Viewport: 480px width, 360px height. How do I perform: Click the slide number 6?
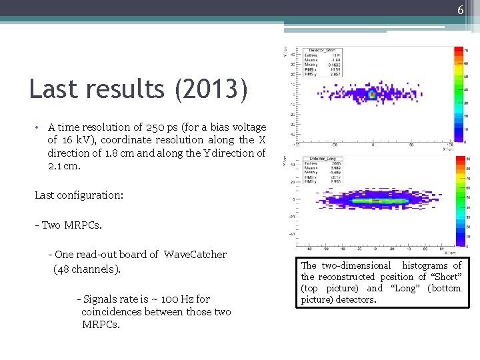(x=459, y=9)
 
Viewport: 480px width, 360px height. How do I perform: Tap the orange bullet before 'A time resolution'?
(x=40, y=127)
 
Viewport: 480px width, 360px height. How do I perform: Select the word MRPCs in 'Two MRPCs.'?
(x=83, y=225)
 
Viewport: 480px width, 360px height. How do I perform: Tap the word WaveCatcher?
(x=195, y=254)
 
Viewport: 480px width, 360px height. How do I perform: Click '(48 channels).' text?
(x=87, y=269)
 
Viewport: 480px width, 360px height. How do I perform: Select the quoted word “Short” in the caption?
(x=446, y=277)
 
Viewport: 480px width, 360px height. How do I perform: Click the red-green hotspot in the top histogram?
(x=372, y=95)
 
